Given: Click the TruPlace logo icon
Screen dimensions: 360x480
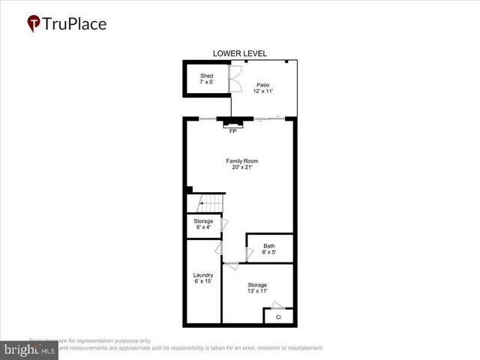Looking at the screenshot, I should click(34, 23).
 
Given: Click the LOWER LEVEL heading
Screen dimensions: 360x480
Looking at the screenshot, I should click(239, 53).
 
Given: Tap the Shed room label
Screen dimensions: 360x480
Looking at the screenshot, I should click(206, 76).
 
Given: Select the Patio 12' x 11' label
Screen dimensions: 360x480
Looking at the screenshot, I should click(262, 88).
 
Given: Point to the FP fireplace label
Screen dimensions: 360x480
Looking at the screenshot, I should click(232, 131).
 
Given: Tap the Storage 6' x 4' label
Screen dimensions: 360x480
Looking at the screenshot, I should click(204, 224).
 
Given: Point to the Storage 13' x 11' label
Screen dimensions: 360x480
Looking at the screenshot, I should click(257, 288).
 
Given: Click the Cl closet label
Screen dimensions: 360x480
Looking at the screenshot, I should click(277, 317).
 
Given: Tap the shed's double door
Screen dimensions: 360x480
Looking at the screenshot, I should click(234, 76).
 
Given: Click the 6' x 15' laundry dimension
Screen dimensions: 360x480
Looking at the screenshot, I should click(203, 282).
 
